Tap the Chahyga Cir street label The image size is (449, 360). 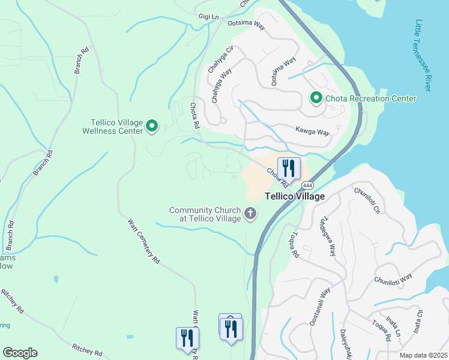point(220,59)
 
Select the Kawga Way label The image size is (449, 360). point(313,131)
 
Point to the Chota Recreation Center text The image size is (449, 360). point(370,98)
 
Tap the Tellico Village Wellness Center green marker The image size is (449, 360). point(152,126)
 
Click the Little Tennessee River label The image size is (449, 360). point(423,55)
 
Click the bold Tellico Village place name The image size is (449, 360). point(295,196)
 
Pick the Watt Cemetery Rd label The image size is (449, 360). point(144,241)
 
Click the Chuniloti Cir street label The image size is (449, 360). point(367,201)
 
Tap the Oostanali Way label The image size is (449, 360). point(321,306)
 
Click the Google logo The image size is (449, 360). point(20,353)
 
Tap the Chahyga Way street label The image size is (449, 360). point(221,86)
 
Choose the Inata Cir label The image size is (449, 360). point(418,322)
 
